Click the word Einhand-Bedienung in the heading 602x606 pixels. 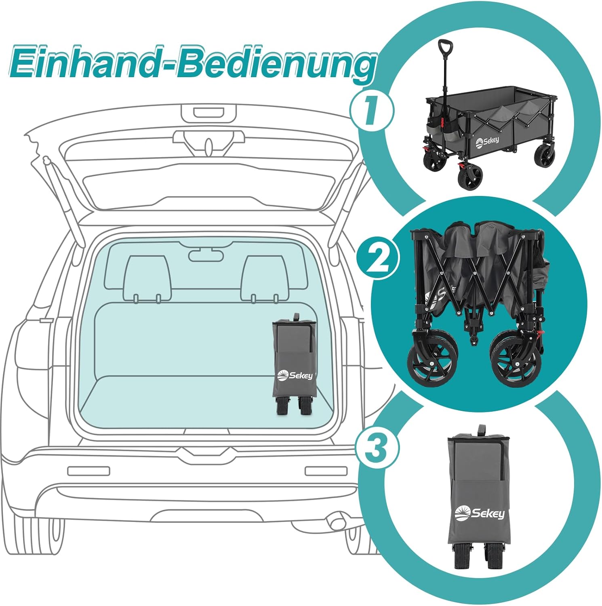(193, 64)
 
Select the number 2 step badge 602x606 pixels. (377, 257)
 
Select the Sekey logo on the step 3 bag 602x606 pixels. (480, 513)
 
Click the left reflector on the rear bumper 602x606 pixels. (88, 471)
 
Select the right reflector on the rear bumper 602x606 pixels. (326, 471)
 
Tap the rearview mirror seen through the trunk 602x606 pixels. (206, 255)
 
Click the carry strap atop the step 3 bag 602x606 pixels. (481, 430)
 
